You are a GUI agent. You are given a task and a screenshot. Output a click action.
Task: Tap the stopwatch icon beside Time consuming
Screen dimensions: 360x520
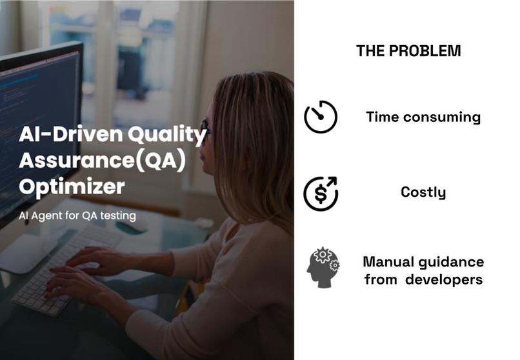321,117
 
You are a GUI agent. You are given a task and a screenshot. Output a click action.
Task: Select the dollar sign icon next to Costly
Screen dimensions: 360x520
321,192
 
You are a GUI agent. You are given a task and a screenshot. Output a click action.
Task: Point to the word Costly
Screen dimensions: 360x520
423,192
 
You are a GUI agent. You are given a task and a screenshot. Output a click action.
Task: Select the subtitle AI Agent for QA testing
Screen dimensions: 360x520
77,216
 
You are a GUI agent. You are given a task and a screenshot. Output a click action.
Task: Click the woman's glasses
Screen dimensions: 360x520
205,125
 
